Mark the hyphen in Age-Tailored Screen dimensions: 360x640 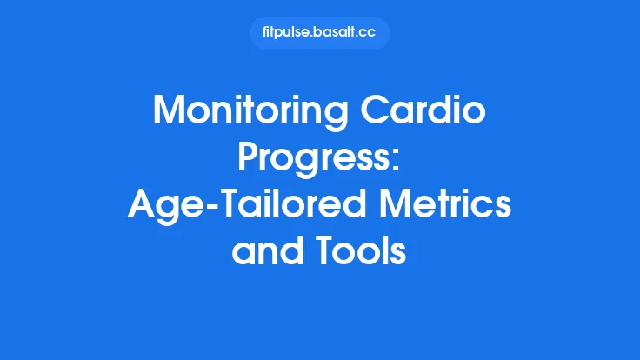[x=202, y=205]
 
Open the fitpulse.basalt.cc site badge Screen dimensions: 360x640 [x=319, y=32]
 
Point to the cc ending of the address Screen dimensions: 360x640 [x=369, y=32]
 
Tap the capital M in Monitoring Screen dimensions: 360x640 [x=169, y=112]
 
